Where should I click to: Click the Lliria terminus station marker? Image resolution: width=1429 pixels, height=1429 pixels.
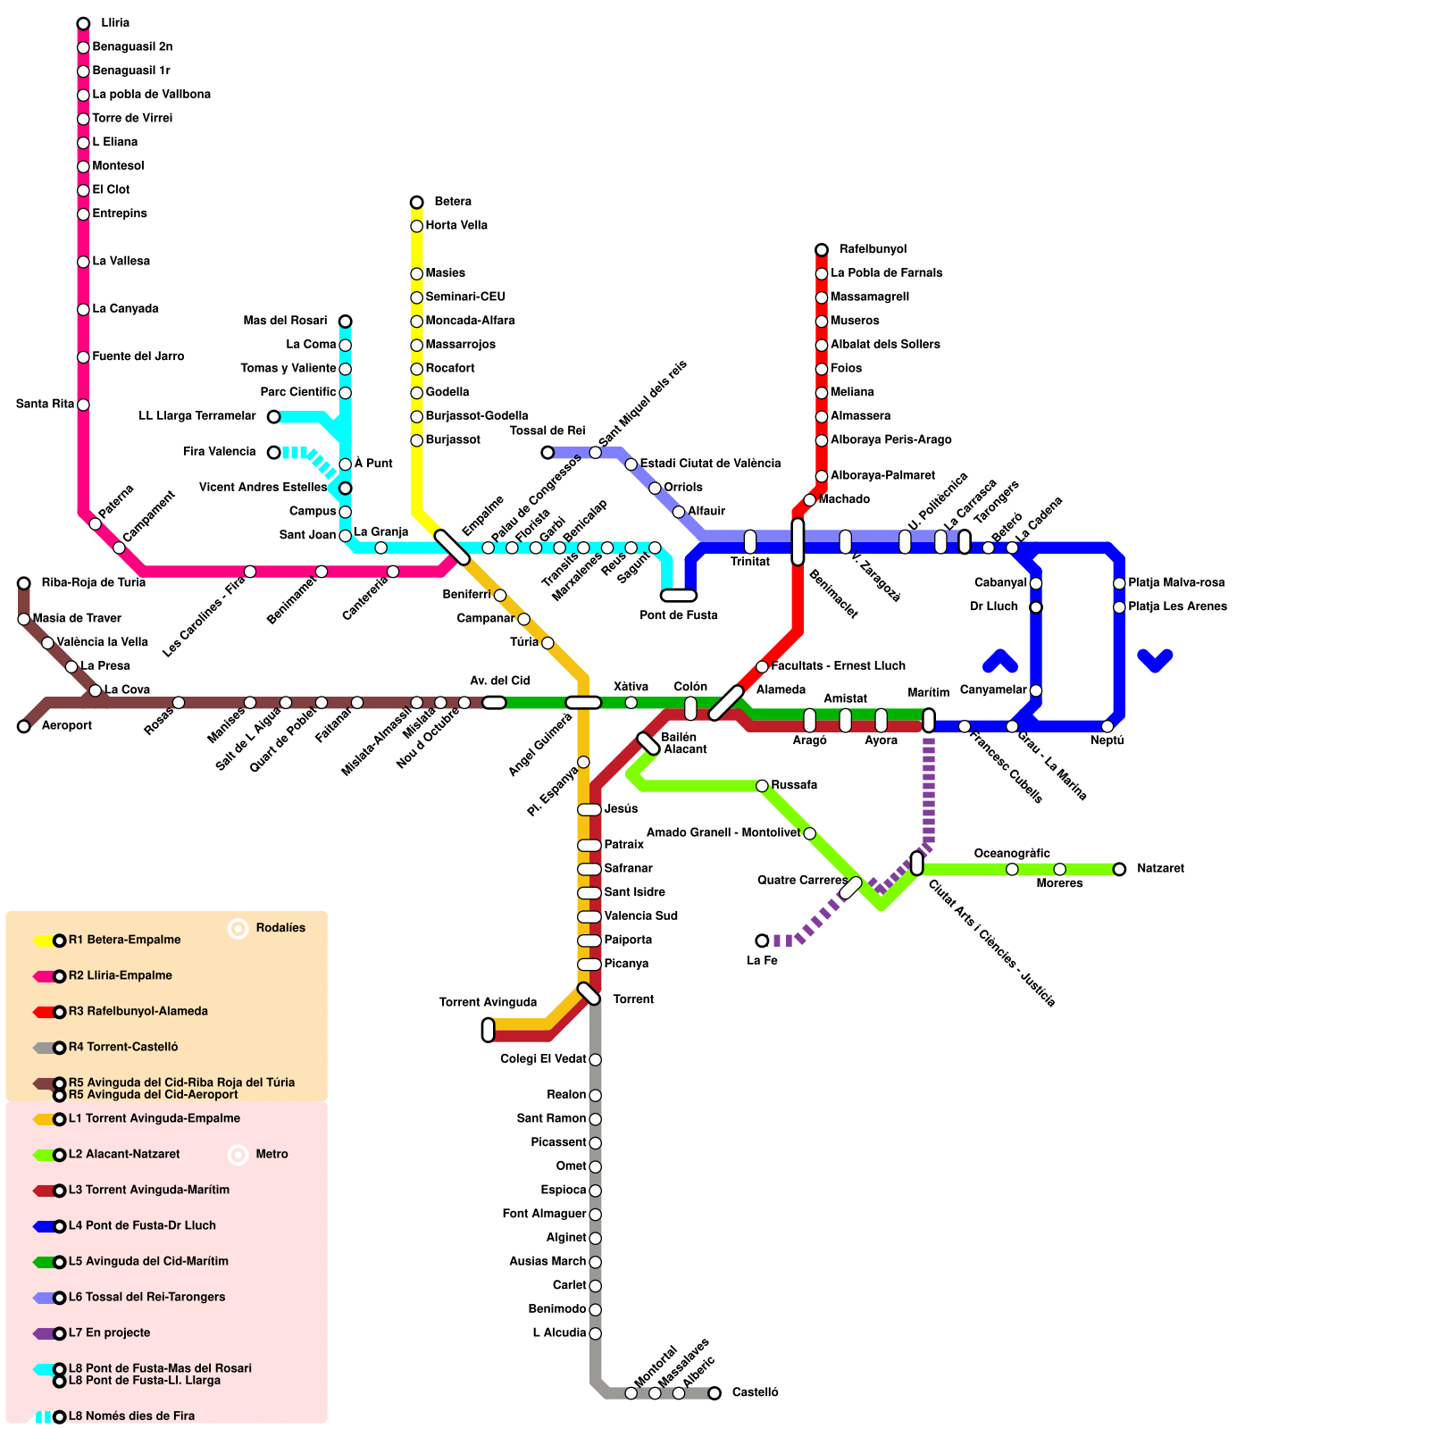click(83, 23)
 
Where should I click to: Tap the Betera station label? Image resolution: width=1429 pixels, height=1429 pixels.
click(453, 202)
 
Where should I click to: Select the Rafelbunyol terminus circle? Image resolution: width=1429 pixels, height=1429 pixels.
click(822, 250)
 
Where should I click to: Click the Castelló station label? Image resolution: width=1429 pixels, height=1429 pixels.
click(755, 1392)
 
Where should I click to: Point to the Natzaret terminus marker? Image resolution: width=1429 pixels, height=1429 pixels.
click(1119, 869)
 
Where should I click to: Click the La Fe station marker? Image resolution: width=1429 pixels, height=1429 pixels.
click(762, 940)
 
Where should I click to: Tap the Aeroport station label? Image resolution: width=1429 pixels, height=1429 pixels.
click(67, 725)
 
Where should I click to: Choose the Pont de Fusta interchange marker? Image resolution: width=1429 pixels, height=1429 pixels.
click(679, 596)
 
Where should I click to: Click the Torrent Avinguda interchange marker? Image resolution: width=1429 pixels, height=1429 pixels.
click(488, 1030)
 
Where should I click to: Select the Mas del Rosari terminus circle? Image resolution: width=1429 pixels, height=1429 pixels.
click(345, 322)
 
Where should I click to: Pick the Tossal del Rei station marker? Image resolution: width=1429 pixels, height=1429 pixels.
click(547, 453)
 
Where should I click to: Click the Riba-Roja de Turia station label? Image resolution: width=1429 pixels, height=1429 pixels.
click(93, 582)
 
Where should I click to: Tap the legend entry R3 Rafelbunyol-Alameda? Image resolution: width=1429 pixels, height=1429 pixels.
click(138, 1011)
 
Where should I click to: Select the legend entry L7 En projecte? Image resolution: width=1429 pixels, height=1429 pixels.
click(109, 1333)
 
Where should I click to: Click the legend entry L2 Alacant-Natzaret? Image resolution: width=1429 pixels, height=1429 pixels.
click(123, 1154)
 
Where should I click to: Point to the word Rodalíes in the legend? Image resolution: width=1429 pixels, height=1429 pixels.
click(280, 928)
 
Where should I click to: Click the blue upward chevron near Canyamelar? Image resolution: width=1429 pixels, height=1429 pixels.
click(1000, 661)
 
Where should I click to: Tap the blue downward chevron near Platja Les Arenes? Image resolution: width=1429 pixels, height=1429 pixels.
click(1155, 661)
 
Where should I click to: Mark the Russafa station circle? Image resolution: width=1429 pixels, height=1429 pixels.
click(762, 786)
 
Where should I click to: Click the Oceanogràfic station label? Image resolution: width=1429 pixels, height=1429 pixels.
click(1012, 854)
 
